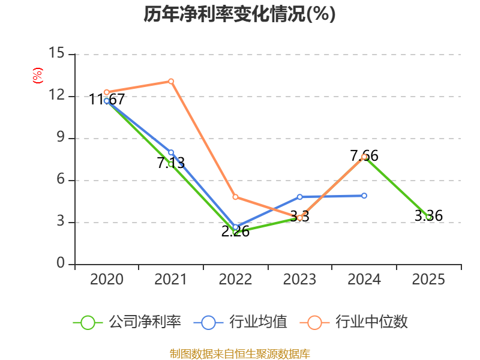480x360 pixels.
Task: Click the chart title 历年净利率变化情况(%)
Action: [x=239, y=14]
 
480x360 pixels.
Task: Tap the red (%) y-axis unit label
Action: [x=37, y=76]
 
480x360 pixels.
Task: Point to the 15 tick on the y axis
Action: [x=56, y=53]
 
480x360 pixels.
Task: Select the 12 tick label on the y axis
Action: [x=56, y=96]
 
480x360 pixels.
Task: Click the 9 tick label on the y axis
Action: [x=60, y=138]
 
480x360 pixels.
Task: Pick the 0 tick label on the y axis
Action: [x=60, y=264]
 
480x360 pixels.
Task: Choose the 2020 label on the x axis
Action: [x=107, y=280]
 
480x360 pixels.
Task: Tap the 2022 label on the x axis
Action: [x=235, y=280]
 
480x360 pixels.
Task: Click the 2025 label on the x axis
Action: [x=428, y=280]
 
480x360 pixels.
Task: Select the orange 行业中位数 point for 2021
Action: [x=171, y=81]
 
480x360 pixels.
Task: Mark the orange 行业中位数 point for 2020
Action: [x=107, y=92]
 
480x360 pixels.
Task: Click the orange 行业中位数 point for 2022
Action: [x=235, y=197]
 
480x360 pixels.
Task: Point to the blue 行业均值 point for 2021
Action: [x=171, y=152]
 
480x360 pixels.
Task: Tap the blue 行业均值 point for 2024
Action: [x=364, y=196]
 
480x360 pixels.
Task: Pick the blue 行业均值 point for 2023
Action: [x=300, y=197]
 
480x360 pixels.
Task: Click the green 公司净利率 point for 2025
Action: [x=428, y=217]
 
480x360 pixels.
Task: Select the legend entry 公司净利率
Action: [x=127, y=322]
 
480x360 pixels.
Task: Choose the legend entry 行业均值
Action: [x=241, y=322]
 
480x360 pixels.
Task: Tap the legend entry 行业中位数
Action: [x=358, y=322]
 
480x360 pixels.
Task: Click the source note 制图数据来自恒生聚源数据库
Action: [x=239, y=353]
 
